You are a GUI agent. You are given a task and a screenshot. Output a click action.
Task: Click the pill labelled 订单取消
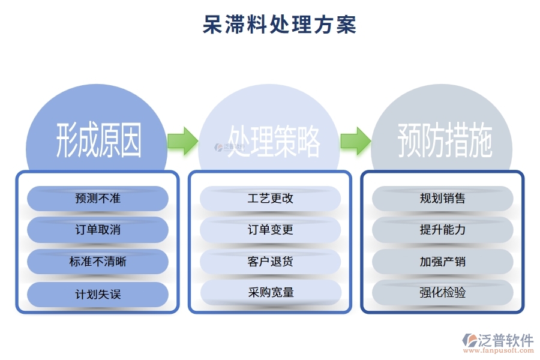98,230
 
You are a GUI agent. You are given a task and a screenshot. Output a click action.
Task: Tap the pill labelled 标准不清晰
98,262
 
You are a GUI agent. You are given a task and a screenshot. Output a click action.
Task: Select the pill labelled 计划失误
98,294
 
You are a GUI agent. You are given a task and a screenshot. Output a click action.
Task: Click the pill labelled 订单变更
271,230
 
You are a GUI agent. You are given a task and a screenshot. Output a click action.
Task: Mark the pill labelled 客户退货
271,262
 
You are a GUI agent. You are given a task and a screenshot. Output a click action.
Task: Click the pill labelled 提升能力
443,230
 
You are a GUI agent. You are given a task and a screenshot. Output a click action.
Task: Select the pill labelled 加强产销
443,262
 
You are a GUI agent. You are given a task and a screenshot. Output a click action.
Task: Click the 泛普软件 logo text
505,340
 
